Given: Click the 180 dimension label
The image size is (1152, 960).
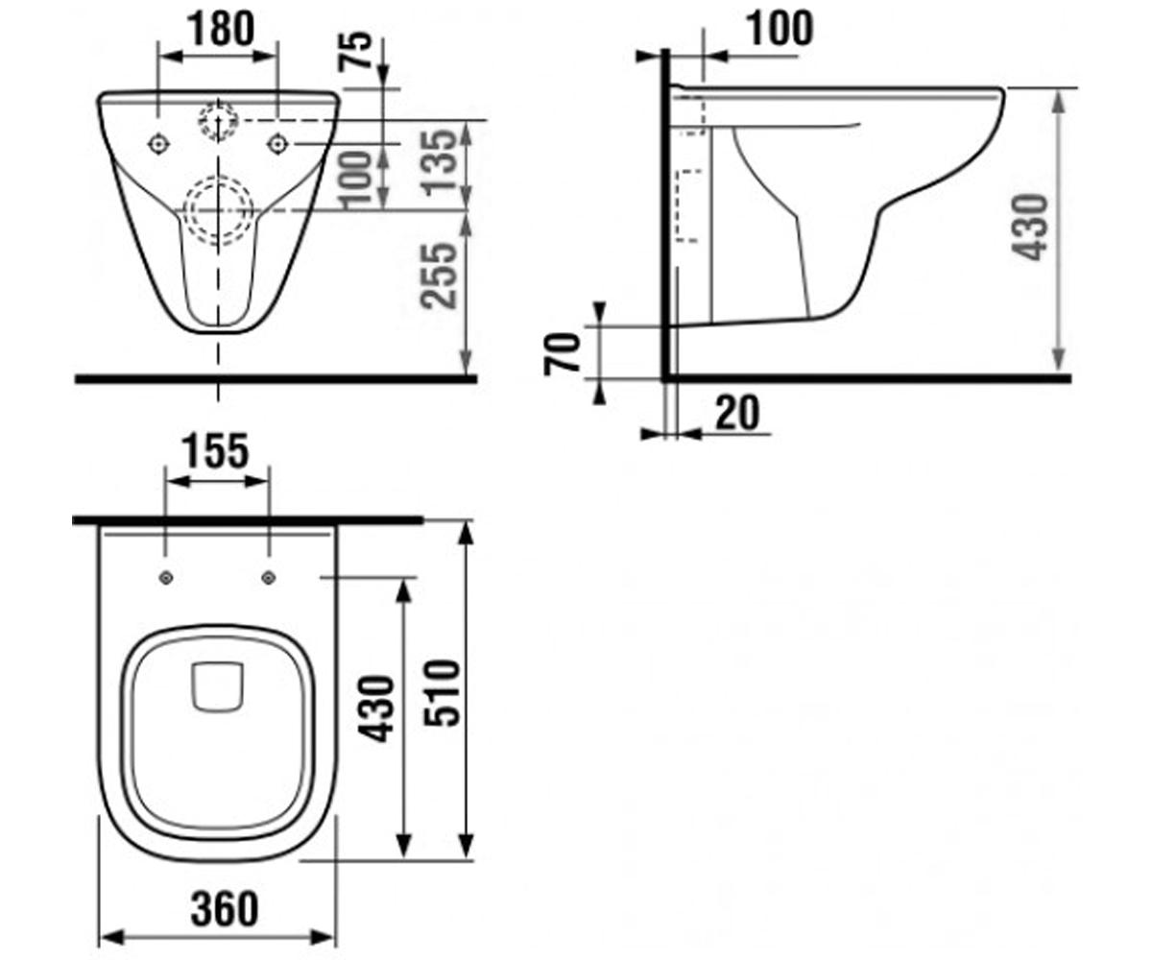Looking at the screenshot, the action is [x=221, y=29].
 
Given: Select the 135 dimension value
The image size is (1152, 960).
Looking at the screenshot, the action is [x=442, y=161].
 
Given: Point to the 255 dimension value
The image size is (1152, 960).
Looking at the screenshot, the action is [x=439, y=276].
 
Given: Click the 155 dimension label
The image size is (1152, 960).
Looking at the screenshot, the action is [x=216, y=451].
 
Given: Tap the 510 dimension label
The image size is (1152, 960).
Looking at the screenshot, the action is [x=442, y=693].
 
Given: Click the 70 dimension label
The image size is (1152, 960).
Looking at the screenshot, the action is [x=563, y=353].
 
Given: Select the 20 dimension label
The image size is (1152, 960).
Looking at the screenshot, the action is [x=737, y=412].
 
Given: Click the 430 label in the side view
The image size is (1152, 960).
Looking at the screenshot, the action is [x=1029, y=227].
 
